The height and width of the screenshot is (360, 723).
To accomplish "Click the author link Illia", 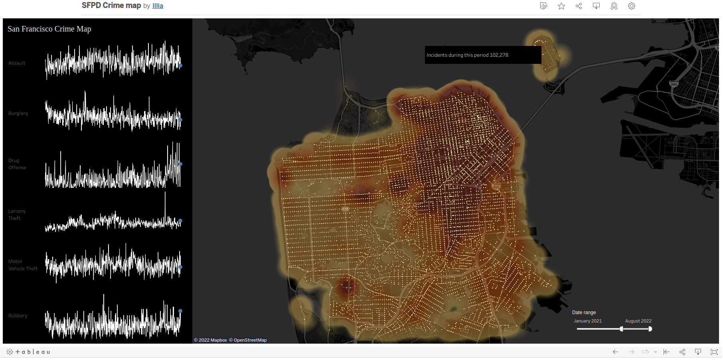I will (x=158, y=6).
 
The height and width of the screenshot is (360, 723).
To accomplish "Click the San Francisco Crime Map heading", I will (x=49, y=29).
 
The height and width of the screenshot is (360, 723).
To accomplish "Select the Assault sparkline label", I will (x=17, y=63).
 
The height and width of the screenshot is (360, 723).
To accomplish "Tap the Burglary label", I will (x=18, y=113).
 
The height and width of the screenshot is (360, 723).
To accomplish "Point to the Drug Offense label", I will (x=17, y=164).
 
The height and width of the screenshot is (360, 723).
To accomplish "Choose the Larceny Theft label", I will (x=17, y=215).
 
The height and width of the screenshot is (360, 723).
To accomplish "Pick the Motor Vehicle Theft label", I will (x=23, y=265).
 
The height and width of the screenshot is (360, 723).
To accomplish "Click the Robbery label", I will (x=18, y=316).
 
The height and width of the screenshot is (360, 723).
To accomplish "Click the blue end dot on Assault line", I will (x=180, y=65).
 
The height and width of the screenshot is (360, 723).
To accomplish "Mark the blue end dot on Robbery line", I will (x=180, y=311).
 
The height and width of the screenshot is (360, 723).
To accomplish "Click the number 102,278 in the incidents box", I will (x=499, y=55).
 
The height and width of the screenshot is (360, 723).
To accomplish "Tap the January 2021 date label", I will (x=588, y=321).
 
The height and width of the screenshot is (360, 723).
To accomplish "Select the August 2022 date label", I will (x=638, y=321).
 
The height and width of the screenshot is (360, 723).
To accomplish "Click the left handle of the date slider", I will (x=621, y=329).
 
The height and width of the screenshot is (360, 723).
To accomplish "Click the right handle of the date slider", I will (x=650, y=329).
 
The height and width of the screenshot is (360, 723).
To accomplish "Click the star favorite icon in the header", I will (x=561, y=6).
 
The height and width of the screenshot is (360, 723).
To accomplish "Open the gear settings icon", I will (x=632, y=6).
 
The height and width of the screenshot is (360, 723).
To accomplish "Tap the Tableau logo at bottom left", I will (x=28, y=352).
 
